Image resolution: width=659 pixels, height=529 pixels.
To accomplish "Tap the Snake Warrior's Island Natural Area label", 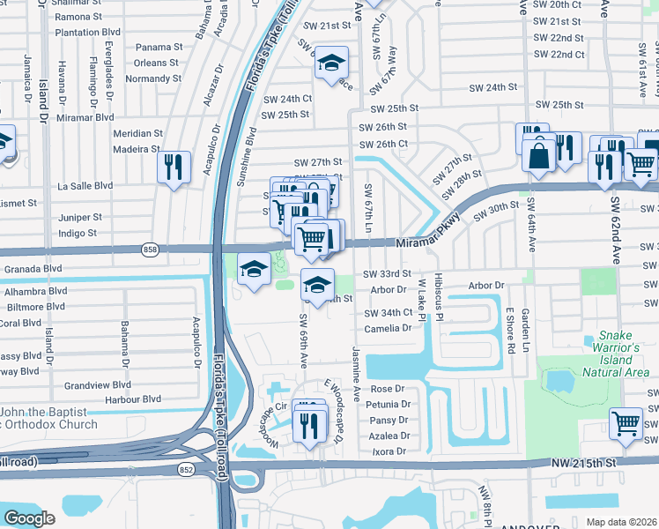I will tap(617, 354).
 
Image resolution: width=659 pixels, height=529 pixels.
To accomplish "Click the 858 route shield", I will tap(151, 250).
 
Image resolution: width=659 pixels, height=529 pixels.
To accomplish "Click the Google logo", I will tap(29, 518).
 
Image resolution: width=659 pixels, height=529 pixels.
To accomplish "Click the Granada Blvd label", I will tap(33, 268).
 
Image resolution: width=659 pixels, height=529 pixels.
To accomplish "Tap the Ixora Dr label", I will tap(389, 451).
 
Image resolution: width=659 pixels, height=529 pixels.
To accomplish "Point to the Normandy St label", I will tap(152, 78).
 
